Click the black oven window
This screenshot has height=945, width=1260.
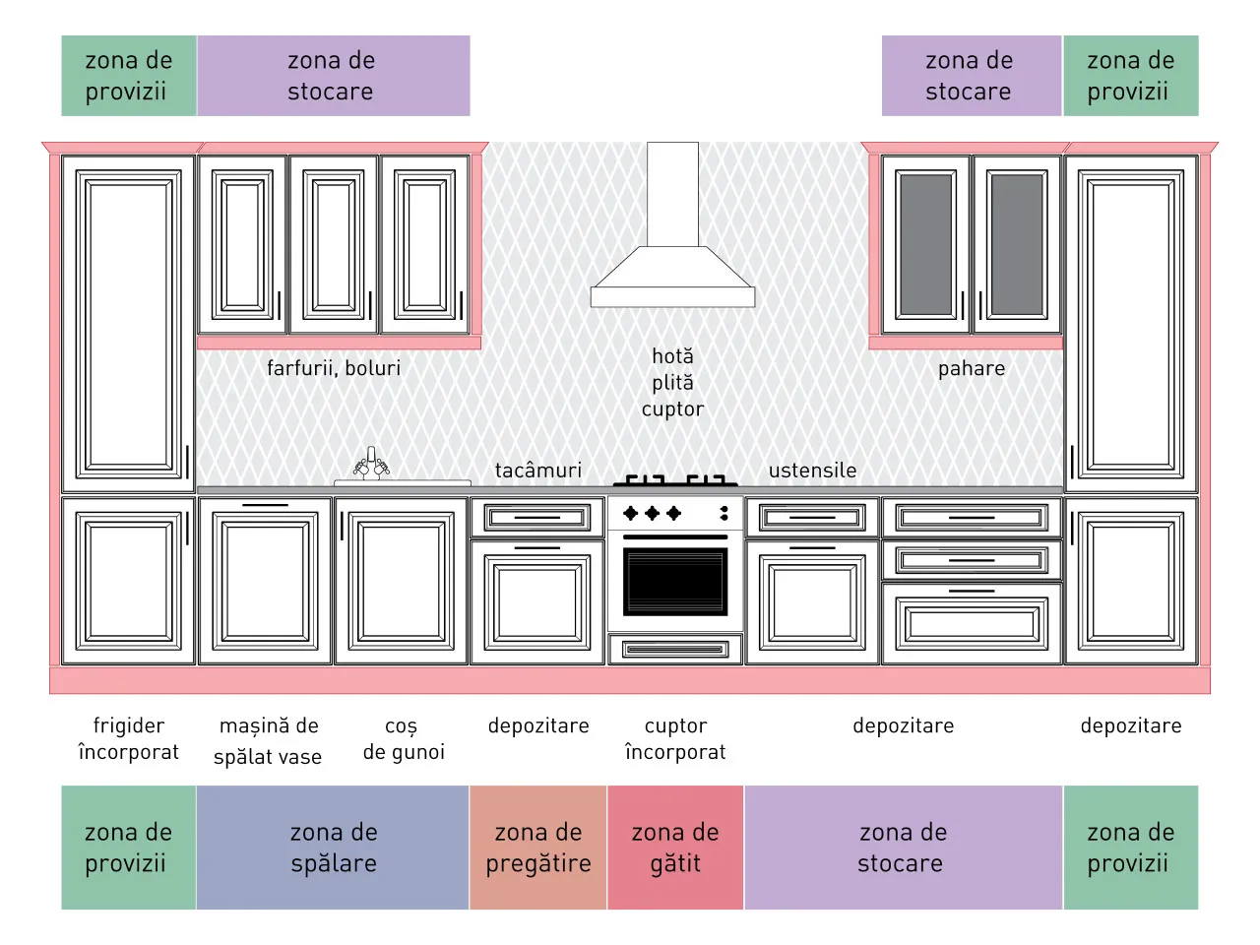pos(675,581)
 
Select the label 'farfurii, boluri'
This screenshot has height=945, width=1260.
pos(334,368)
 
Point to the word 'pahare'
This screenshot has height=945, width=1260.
pos(972,369)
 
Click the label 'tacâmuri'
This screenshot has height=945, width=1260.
pos(537,470)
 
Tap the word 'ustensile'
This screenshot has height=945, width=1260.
pos(812,470)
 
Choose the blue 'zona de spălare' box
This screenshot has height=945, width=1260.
pos(333,847)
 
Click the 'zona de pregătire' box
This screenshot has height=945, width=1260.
pos(537,847)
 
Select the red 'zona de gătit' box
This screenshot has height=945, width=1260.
pos(675,847)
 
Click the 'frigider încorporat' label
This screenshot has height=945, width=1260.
pos(129,738)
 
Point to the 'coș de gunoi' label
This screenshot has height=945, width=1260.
pos(404,739)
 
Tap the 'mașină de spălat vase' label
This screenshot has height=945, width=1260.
pos(268,740)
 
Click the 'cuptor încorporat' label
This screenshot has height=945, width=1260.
pos(675,738)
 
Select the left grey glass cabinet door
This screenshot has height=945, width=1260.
pos(926,244)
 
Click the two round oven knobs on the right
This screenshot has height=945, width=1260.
pos(724,513)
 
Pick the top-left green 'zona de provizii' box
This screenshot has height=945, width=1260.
pos(129,76)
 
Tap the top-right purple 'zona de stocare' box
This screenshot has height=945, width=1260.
pos(972,76)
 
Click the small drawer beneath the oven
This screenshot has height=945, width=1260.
pos(675,649)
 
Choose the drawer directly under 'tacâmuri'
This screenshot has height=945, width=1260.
pos(537,518)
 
